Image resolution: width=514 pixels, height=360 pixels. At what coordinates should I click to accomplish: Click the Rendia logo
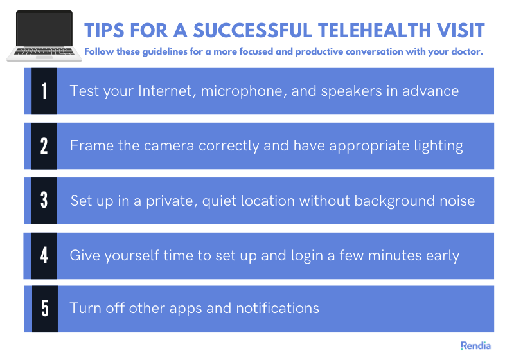pos(475,346)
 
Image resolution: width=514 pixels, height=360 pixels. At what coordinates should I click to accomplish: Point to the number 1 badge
pos(44,91)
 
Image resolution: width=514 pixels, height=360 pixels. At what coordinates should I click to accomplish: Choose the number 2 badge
pos(44,146)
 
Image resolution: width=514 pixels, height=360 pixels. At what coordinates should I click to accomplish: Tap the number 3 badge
pos(44,201)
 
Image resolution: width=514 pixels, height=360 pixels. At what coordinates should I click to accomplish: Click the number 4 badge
pos(44,255)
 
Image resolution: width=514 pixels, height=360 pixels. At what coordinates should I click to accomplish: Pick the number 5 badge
pos(44,309)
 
